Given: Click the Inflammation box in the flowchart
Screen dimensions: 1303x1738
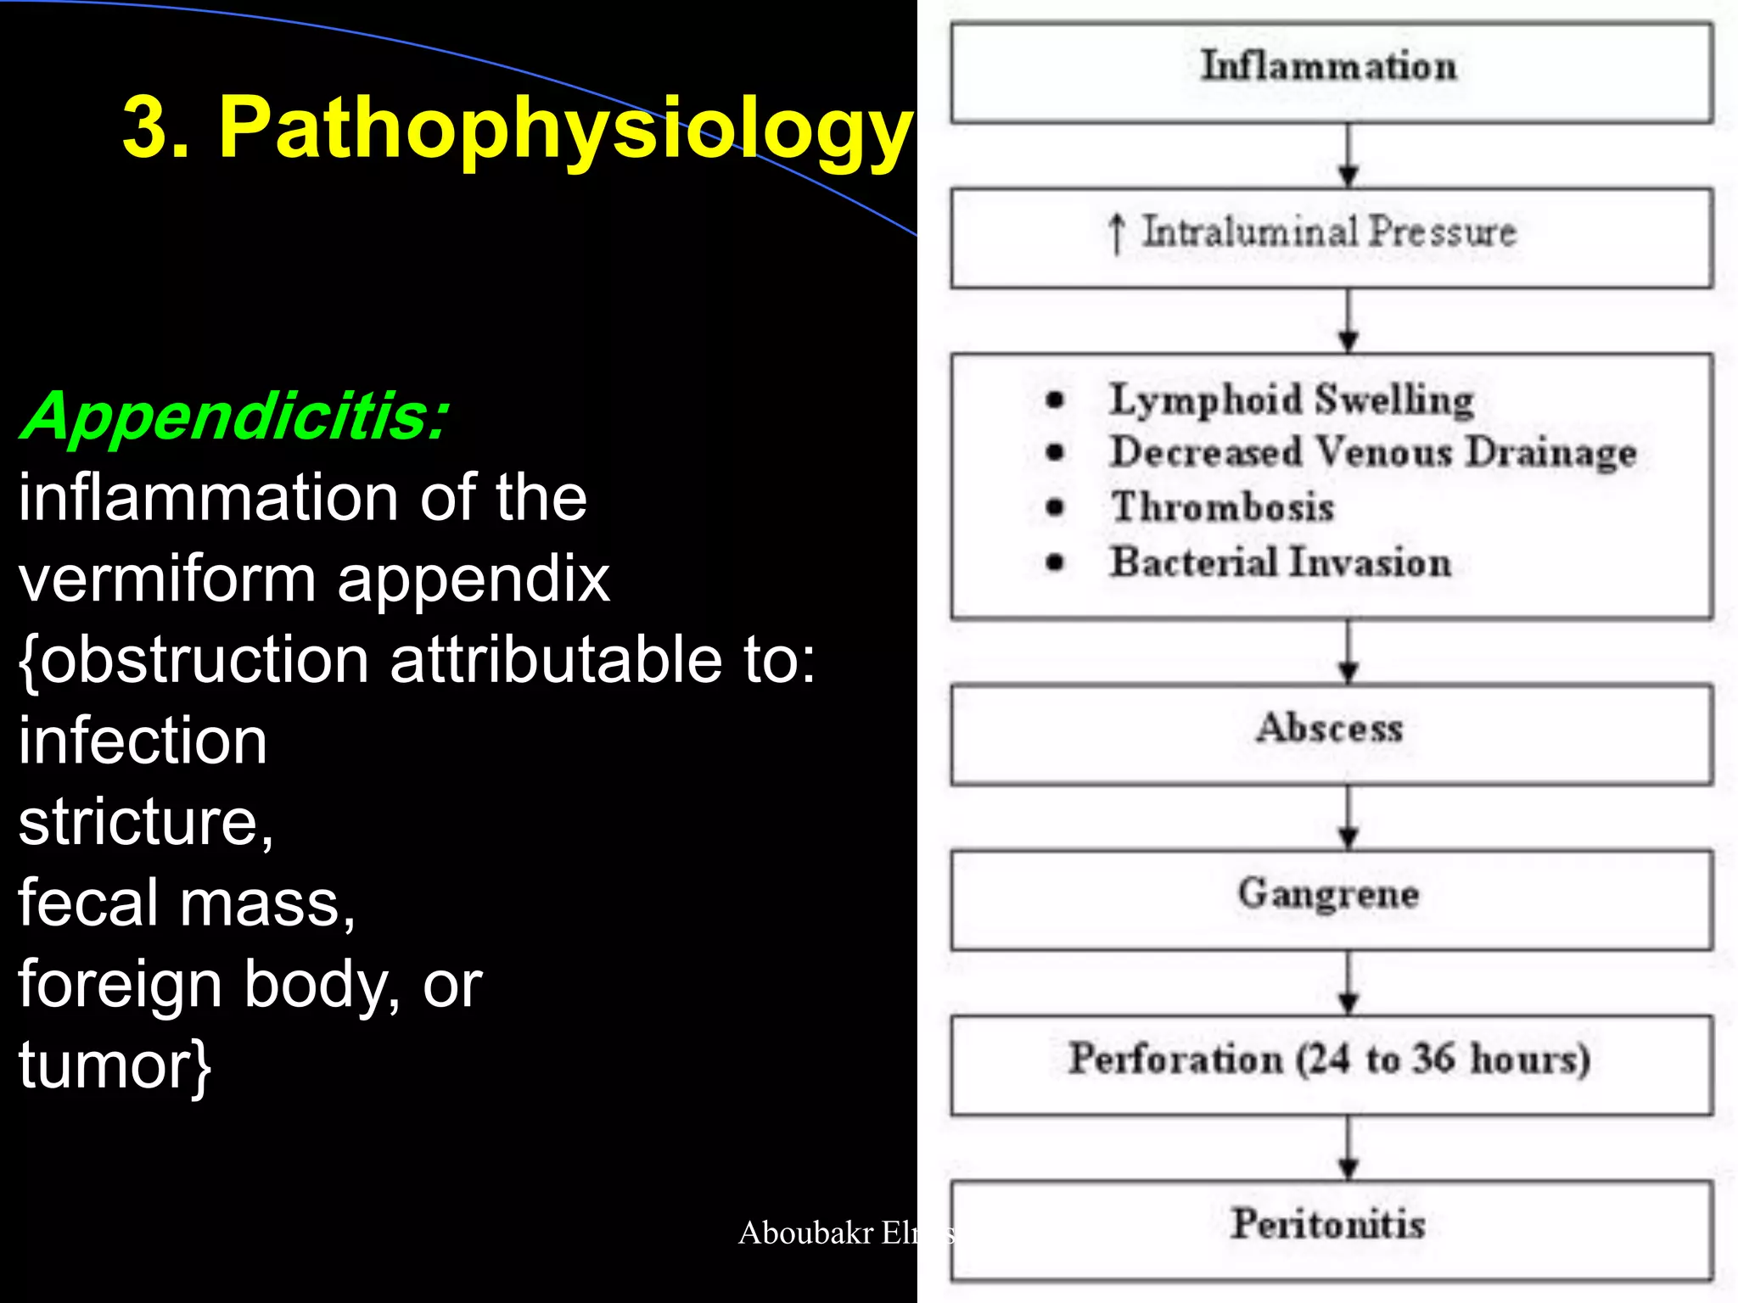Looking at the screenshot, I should (x=1331, y=73).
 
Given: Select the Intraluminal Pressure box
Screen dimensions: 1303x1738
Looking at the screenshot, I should (x=1331, y=238).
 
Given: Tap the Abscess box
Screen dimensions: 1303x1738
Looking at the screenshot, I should (x=1331, y=734).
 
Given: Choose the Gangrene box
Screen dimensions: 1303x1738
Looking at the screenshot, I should (x=1331, y=899).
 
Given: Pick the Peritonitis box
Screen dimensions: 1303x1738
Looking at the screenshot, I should (x=1331, y=1229).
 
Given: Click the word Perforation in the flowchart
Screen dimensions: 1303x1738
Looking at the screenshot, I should (x=1175, y=1059).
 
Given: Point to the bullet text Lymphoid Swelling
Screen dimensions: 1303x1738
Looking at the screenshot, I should (x=1291, y=399).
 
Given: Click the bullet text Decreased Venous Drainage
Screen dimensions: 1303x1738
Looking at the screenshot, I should (x=1373, y=452).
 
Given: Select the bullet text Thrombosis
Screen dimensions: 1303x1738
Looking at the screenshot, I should (x=1223, y=507).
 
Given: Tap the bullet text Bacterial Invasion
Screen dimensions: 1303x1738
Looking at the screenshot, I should (x=1281, y=562).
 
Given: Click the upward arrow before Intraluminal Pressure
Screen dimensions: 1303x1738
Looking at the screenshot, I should (x=1117, y=233).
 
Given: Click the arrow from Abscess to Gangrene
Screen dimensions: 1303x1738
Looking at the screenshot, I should (x=1348, y=817).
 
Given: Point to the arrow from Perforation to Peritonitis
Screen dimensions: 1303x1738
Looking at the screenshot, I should (x=1348, y=1148).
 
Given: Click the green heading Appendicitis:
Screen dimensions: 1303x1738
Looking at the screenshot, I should (x=234, y=417).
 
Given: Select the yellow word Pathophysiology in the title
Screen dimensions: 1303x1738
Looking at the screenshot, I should (x=563, y=129).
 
